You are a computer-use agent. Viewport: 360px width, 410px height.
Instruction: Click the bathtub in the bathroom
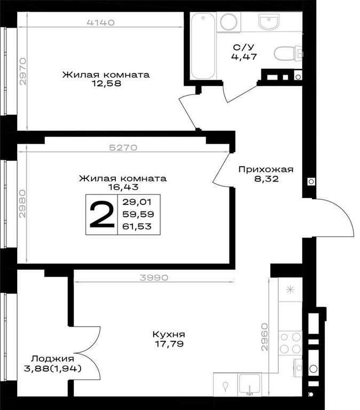coord(203,46)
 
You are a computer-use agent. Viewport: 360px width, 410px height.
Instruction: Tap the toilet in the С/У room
coord(288,53)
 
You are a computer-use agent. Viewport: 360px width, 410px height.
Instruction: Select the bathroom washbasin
coord(269,21)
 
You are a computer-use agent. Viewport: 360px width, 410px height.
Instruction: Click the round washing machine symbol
coord(229,21)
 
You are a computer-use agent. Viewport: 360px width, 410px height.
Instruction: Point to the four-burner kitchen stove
coord(290,343)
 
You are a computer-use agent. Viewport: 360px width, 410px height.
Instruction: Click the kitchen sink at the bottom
coord(249,385)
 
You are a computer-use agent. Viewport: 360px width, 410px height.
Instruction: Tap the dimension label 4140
coord(100,22)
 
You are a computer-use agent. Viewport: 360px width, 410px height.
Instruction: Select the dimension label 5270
coord(123,148)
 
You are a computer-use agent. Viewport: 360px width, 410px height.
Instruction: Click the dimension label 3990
coord(154,278)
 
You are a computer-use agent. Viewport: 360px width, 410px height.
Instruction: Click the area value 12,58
coord(106,84)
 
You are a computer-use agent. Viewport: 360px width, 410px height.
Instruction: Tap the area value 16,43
coord(123,187)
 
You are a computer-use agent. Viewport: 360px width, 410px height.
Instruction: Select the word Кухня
coord(169,334)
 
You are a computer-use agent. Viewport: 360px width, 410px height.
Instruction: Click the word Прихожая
coord(266,169)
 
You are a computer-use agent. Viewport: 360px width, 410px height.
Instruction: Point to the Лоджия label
coord(52,359)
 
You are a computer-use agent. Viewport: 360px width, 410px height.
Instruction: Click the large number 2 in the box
coord(102,215)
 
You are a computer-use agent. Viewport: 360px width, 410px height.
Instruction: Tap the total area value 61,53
coord(137,226)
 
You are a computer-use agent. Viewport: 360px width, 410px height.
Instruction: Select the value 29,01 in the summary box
coord(137,202)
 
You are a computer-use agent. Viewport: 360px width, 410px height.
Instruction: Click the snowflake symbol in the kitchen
coord(290,290)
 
